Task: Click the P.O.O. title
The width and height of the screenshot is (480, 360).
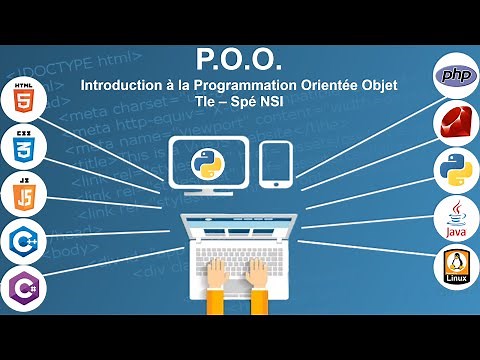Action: click(x=240, y=63)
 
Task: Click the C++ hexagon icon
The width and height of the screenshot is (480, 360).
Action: click(x=23, y=240)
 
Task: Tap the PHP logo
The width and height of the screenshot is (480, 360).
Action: click(x=455, y=77)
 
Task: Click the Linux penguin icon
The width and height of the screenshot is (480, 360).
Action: click(x=455, y=266)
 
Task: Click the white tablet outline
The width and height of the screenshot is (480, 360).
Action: click(x=275, y=163)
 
